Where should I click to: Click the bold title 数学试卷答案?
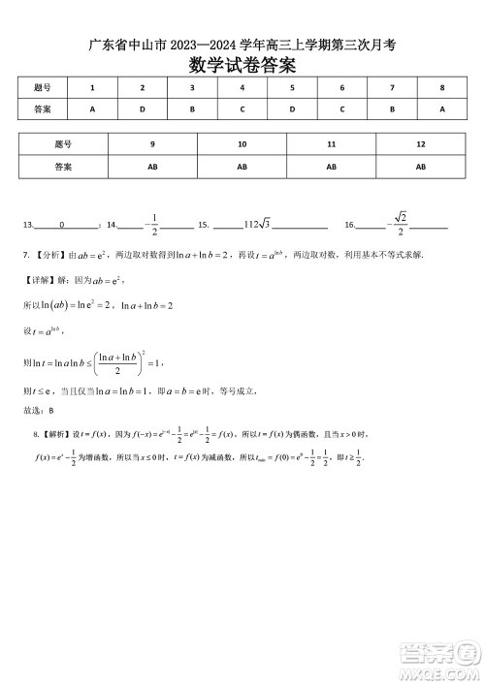(242, 65)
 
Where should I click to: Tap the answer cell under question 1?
(92, 109)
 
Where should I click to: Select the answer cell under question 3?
(192, 109)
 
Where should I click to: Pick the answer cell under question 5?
(292, 109)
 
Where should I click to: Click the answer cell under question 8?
(441, 109)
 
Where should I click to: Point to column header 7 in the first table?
(392, 88)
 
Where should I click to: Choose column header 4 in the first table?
(242, 88)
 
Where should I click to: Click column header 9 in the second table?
(152, 144)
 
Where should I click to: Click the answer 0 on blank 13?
(61, 225)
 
